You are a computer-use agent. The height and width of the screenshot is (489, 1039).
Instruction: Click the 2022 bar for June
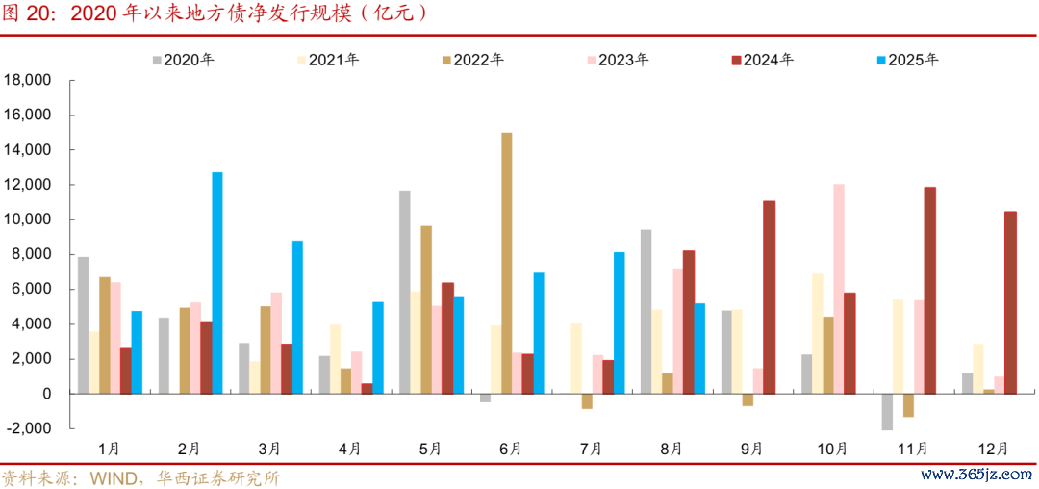click(506, 263)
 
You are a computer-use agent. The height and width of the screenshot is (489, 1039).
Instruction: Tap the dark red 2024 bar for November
click(929, 290)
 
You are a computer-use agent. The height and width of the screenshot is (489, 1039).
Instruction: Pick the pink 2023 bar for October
click(839, 289)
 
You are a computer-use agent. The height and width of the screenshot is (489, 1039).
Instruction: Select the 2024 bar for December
click(1010, 302)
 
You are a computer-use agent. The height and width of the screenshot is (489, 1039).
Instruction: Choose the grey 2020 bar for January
click(84, 325)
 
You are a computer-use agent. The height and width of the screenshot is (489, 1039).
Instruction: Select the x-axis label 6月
click(511, 449)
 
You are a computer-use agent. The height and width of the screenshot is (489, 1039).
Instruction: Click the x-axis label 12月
click(994, 449)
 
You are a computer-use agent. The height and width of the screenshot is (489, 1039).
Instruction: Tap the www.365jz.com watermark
click(976, 476)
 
